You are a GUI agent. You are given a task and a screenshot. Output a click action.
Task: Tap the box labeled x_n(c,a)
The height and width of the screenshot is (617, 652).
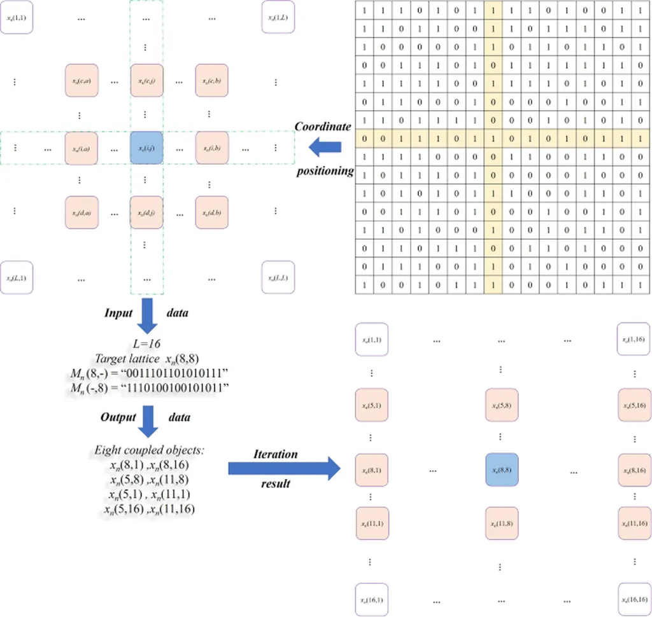[80, 81]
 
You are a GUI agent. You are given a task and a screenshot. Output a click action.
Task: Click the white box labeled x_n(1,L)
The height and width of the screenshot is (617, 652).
[278, 18]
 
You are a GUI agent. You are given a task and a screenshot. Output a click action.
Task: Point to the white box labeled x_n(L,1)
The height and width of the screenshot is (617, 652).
[16, 277]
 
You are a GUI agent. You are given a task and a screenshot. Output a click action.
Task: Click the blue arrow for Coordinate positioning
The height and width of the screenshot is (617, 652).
[324, 148]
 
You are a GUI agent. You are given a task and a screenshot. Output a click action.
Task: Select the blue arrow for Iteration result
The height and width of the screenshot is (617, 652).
[284, 469]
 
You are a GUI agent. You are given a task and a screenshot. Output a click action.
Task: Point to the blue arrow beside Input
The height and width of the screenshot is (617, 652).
[147, 315]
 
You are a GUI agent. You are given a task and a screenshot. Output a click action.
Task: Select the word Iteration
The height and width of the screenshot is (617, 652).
[276, 454]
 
